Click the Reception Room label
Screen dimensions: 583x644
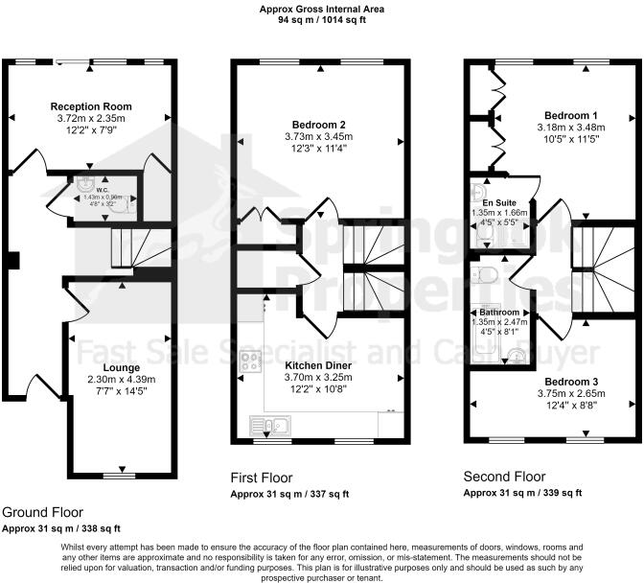91,105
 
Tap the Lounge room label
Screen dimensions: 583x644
122,367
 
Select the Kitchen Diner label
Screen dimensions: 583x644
318,365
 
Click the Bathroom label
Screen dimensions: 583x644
499,313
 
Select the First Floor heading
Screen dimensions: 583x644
262,478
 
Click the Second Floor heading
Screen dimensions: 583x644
504,477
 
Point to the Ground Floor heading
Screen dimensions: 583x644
42,512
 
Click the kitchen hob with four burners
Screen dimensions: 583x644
250,361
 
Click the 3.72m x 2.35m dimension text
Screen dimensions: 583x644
91,118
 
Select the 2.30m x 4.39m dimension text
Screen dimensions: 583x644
122,379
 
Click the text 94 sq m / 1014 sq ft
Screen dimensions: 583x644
321,19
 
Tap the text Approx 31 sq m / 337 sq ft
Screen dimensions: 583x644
290,494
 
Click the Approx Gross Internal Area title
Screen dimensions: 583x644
321,8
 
